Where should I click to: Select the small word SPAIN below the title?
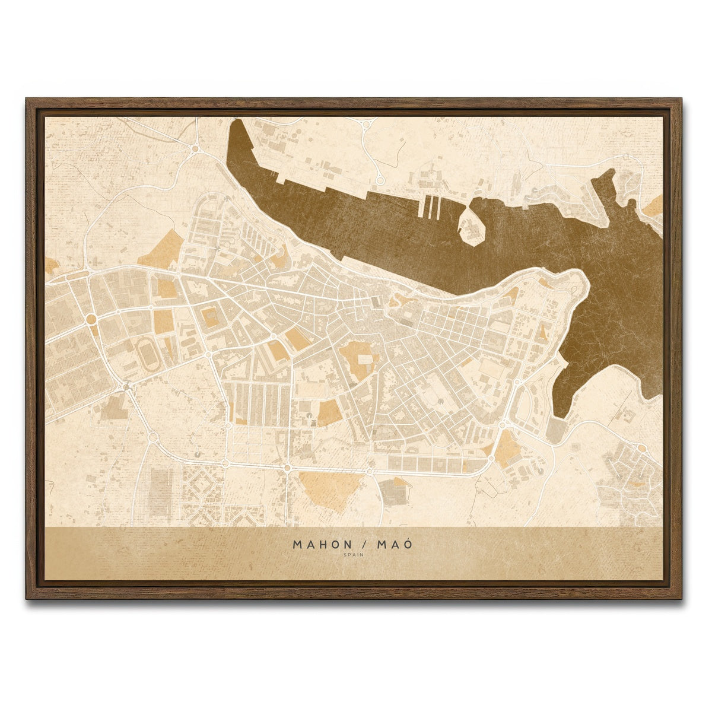pyautogui.click(x=354, y=555)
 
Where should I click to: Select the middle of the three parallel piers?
pyautogui.click(x=430, y=207)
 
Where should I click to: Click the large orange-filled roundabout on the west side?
pyautogui.click(x=91, y=319)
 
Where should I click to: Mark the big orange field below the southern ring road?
pyautogui.click(x=330, y=488)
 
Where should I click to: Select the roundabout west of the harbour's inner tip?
pyautogui.click(x=195, y=148)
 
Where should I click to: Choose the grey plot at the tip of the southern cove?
pyautogui.click(x=557, y=430)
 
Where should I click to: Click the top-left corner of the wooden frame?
pyautogui.click(x=27, y=100)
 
